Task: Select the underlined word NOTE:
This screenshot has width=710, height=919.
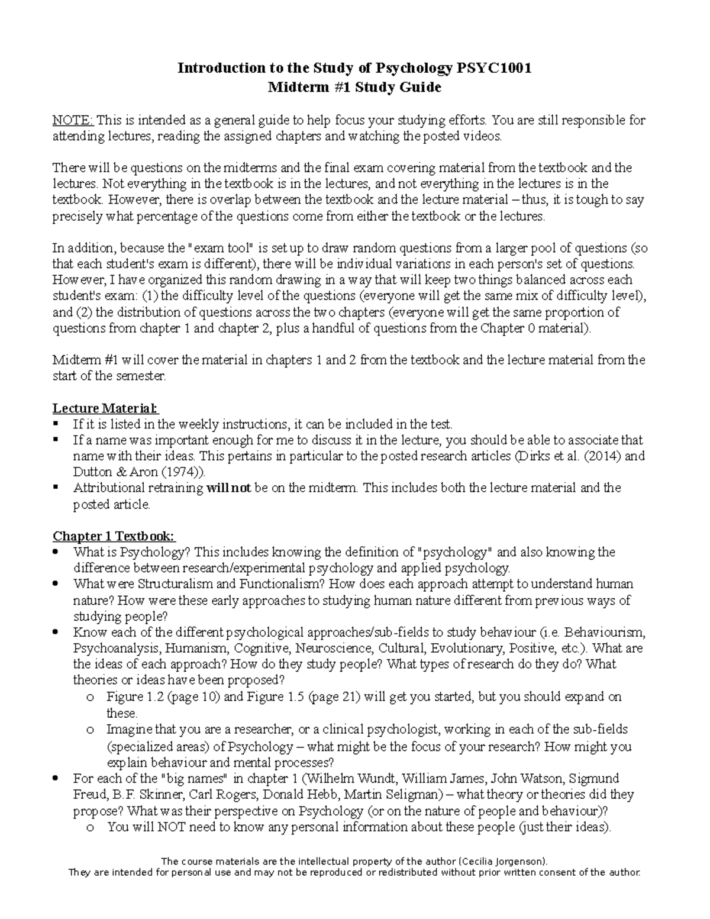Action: pos(73,121)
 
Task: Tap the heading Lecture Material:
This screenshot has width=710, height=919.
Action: pos(105,408)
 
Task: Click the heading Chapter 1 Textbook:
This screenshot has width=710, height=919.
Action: pos(114,536)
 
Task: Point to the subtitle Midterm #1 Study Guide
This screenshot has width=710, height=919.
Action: pos(355,88)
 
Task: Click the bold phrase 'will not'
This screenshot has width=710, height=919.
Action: pos(229,488)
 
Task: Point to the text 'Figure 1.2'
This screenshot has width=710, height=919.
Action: pos(133,697)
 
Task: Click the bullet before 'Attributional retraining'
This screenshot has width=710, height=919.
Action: pos(56,488)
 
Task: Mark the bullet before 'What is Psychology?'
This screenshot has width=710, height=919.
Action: pos(56,552)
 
